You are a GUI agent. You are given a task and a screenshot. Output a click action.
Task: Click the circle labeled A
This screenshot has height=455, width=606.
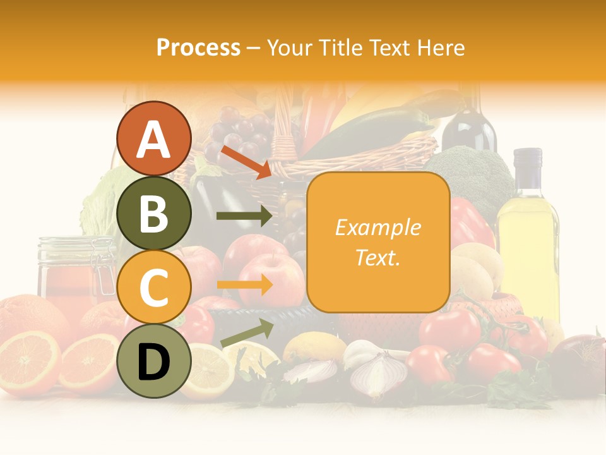(153, 138)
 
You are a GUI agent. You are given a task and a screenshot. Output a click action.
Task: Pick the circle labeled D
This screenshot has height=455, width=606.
(153, 361)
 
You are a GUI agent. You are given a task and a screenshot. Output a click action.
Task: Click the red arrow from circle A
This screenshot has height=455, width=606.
(247, 162)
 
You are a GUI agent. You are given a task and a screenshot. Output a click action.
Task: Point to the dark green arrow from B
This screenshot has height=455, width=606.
(244, 216)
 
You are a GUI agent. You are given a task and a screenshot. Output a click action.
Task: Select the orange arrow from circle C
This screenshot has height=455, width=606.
(244, 285)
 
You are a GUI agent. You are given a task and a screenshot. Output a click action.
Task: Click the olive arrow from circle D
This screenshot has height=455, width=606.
(247, 333)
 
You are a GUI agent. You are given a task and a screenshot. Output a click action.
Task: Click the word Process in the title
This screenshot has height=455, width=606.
(198, 48)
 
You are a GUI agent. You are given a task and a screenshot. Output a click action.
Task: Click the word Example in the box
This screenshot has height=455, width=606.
(377, 227)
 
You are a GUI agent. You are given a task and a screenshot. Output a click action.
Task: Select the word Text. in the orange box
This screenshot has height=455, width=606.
(377, 257)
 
